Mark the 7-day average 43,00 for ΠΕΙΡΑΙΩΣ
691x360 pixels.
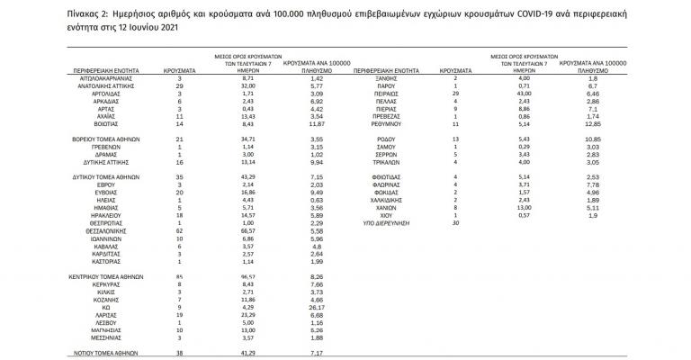(525, 94)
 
